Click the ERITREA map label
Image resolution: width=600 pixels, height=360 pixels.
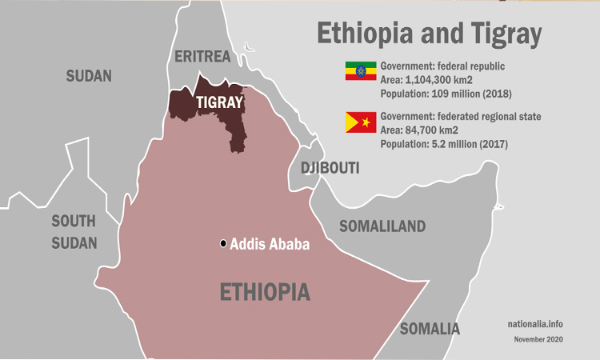pos(202,56)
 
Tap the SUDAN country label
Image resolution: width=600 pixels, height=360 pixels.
pos(89,76)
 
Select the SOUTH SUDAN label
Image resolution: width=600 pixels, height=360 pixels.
pos(74,232)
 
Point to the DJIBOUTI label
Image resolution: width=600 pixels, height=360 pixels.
pos(330,168)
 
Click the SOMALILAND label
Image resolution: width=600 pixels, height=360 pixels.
pos(382,226)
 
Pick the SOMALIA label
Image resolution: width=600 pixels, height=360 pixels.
pos(430,329)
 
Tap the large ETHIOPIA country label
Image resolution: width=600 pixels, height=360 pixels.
pos(265,292)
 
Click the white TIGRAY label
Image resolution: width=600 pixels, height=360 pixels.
pos(219,102)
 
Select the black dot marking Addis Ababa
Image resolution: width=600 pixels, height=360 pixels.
pos(223,243)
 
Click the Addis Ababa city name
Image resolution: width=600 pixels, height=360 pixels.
pos(269,244)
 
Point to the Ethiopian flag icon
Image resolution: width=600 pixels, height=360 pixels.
pos(360,70)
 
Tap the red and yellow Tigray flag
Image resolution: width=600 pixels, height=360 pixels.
pos(360,122)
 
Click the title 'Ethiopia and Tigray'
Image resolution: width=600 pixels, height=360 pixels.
pos(429,34)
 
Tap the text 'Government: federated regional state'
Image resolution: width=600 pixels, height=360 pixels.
pos(460,117)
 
